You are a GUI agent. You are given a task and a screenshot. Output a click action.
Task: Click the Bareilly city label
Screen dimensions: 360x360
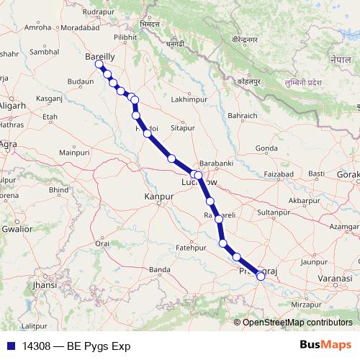99,55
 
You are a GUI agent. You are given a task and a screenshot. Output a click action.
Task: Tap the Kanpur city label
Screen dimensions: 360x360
159,195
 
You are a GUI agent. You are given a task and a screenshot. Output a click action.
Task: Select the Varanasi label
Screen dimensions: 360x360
341,277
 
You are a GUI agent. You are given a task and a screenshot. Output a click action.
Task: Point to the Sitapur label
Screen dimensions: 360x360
181,129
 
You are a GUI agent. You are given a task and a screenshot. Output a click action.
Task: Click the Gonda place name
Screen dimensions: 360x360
266,148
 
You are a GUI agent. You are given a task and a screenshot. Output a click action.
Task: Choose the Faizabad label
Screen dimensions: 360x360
277,174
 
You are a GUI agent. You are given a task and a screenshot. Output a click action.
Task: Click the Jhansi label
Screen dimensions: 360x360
44,285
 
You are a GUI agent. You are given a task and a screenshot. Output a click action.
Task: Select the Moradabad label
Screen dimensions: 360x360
79,27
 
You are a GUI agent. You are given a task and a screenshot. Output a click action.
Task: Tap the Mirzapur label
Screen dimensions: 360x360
307,305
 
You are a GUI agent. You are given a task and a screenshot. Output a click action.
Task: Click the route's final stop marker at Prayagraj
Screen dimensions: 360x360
261,276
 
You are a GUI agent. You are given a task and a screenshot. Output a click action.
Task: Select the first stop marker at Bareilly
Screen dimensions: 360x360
99,65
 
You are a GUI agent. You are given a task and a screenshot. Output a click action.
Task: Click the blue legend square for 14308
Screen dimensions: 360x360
11,346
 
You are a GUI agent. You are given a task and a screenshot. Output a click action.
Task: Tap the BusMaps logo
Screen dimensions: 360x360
325,346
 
